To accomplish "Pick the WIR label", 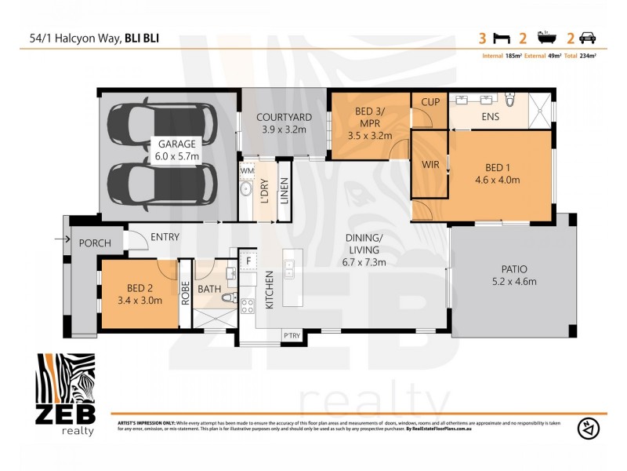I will [x=430, y=166].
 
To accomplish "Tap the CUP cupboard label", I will [x=430, y=103].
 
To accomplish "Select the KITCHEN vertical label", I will [x=269, y=290].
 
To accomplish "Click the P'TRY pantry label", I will [x=292, y=335].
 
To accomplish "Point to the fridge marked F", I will [x=248, y=260].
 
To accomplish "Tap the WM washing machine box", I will [x=247, y=170].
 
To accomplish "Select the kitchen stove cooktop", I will [x=248, y=305].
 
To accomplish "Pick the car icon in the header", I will [x=587, y=37].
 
